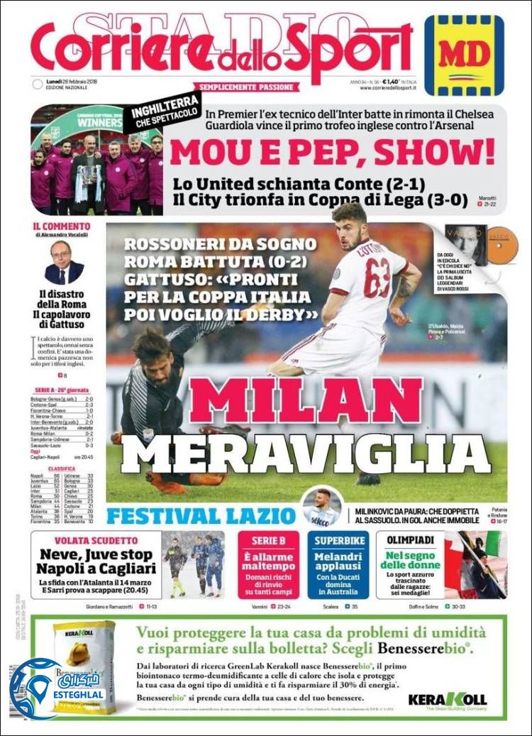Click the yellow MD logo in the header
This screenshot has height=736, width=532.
tap(464, 55)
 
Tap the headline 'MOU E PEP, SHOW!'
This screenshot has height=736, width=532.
tap(332, 151)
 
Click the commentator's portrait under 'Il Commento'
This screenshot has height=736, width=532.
tap(64, 263)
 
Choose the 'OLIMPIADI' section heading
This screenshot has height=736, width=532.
tap(409, 541)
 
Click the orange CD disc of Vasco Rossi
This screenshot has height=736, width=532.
tap(504, 245)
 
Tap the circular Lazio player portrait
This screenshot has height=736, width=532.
tap(322, 506)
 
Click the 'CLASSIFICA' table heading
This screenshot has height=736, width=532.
tap(62, 468)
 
